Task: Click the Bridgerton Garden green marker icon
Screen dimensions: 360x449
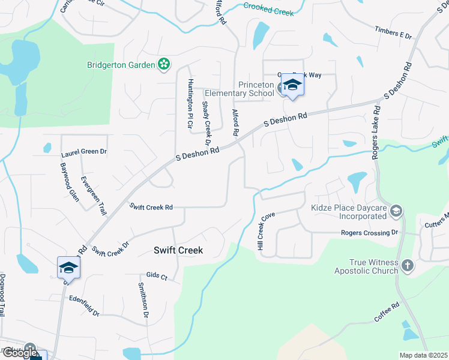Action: click(163, 64)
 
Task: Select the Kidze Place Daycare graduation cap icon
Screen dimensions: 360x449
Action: click(396, 211)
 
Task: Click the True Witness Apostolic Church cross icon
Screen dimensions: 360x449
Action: click(407, 265)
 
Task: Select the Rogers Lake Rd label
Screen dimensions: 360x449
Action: click(377, 133)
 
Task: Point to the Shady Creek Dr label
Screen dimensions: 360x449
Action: click(206, 123)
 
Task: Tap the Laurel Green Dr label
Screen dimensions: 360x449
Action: click(83, 152)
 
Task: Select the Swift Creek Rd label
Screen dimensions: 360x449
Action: click(152, 207)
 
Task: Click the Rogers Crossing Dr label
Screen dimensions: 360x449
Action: click(369, 232)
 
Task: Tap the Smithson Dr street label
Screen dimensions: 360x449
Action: click(143, 299)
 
